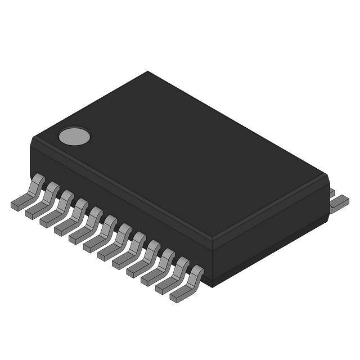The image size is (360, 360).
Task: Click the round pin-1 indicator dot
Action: pos(74,136)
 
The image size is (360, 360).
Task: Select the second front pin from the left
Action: pos(43,200)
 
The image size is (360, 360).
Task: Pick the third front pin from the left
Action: pos(57,208)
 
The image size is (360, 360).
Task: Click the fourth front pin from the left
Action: pos(72,216)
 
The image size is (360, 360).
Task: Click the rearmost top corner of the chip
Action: pos(148,71)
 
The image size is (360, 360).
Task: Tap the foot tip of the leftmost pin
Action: pos(15,206)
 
